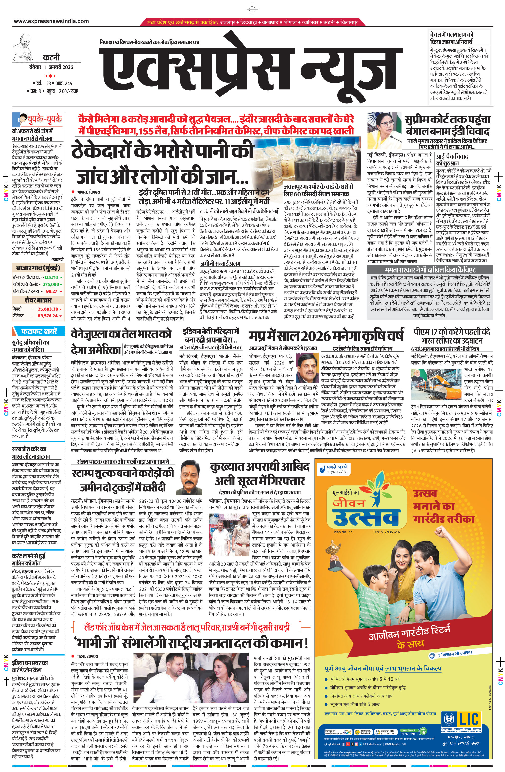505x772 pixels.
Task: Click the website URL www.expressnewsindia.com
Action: point(51,21)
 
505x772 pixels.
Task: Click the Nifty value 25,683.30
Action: point(48,309)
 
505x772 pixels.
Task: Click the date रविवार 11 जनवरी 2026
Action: point(51,67)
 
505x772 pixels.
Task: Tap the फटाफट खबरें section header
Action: point(39,332)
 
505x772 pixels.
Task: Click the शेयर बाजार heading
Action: point(38,300)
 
